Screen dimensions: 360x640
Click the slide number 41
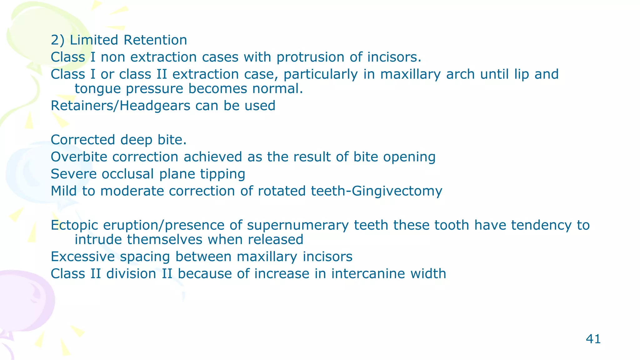point(593,339)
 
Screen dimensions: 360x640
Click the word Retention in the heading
point(155,40)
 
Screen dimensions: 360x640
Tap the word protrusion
point(310,57)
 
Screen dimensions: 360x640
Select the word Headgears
point(155,106)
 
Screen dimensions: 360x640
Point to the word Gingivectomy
point(397,191)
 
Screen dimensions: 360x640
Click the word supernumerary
point(297,225)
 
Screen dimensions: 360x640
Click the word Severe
point(74,174)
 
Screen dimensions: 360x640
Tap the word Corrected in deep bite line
point(83,140)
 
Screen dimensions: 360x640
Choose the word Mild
point(63,191)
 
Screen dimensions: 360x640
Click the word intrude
point(98,240)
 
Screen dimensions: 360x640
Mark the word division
point(131,274)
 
